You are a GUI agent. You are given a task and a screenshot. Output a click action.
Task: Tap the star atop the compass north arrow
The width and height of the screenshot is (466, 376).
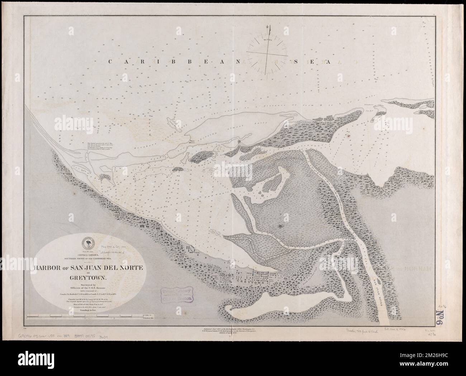(268, 26)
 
